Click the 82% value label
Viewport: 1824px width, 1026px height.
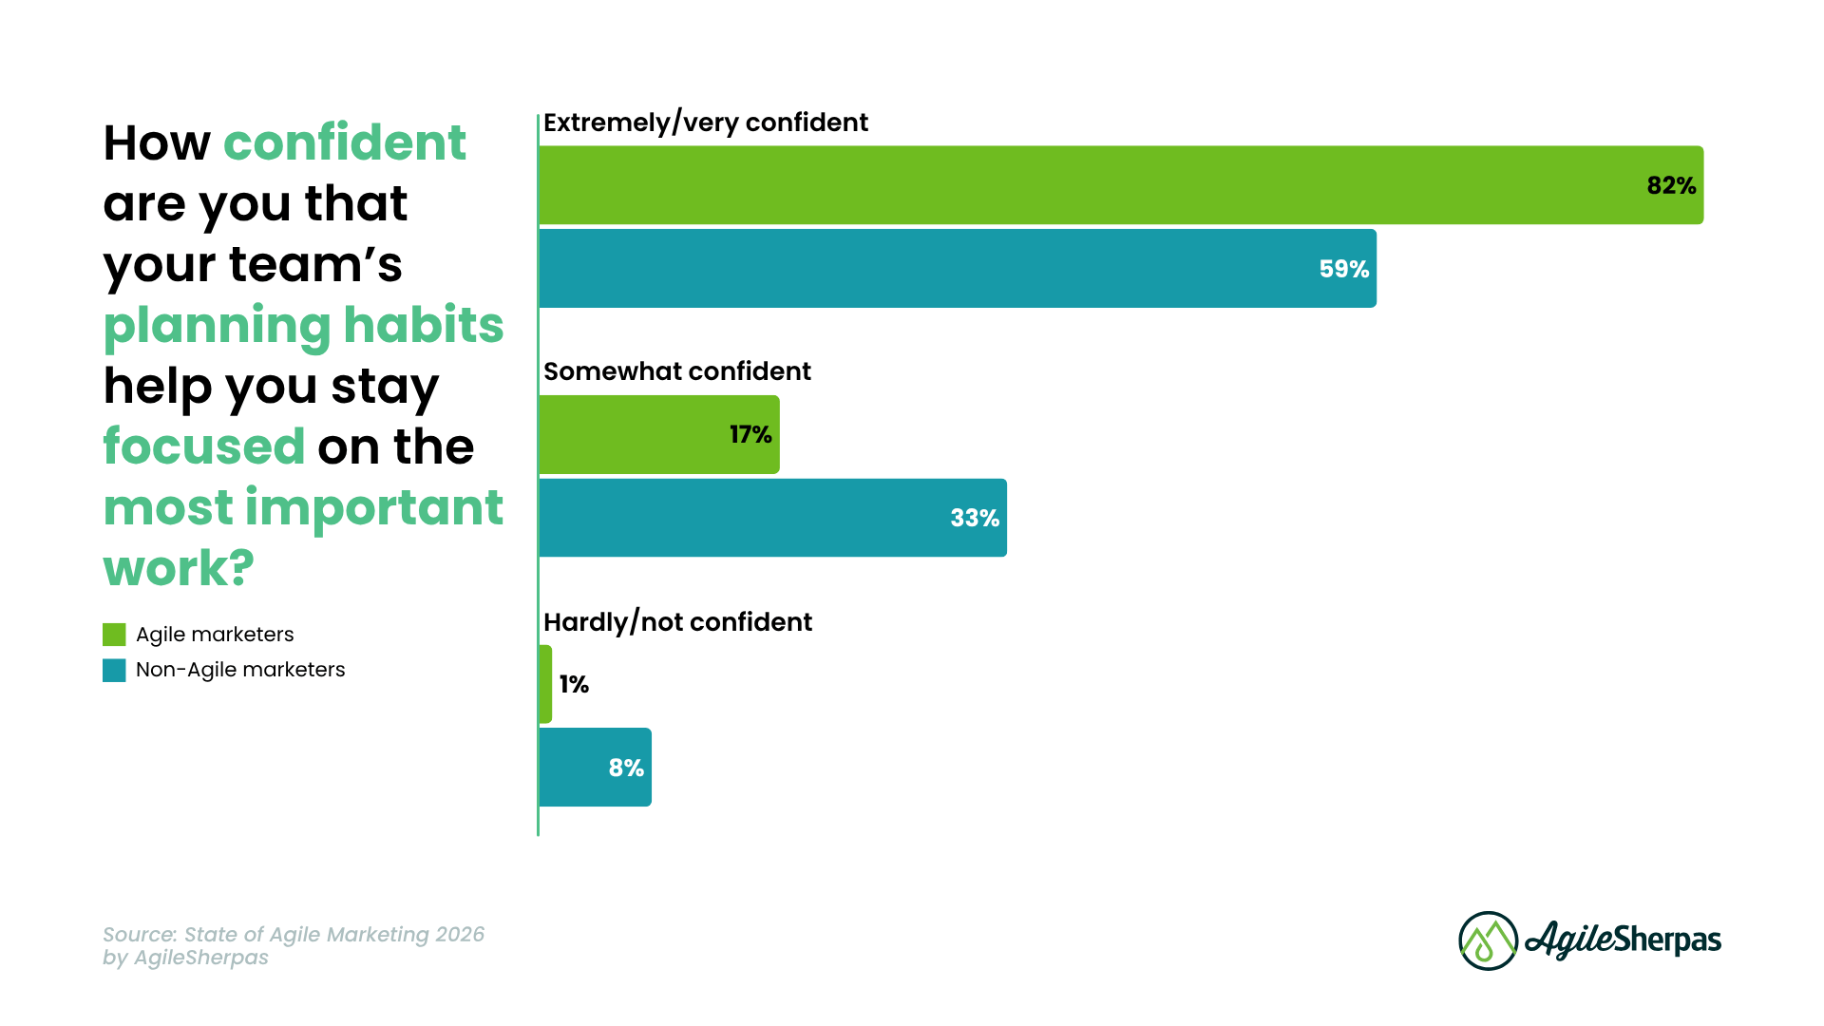(x=1671, y=185)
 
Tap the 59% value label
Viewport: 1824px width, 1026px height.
(x=1343, y=269)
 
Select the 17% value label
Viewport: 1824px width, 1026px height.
(x=750, y=435)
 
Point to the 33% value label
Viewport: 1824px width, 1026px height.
(x=975, y=518)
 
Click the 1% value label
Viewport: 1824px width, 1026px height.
(x=574, y=684)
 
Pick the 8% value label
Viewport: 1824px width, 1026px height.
(x=626, y=768)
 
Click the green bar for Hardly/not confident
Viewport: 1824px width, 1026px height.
(x=545, y=684)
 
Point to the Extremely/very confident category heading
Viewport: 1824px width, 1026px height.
(x=705, y=123)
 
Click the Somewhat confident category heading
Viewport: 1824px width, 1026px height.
(x=676, y=371)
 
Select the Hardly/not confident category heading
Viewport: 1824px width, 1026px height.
(x=677, y=622)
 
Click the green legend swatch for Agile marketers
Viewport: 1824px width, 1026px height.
(x=114, y=635)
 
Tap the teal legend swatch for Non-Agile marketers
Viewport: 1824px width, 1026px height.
(x=114, y=671)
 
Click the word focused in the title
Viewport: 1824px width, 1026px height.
(x=203, y=446)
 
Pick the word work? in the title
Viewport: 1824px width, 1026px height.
(x=179, y=568)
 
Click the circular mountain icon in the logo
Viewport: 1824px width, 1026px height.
(x=1488, y=940)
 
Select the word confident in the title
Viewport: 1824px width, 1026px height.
(x=344, y=142)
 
